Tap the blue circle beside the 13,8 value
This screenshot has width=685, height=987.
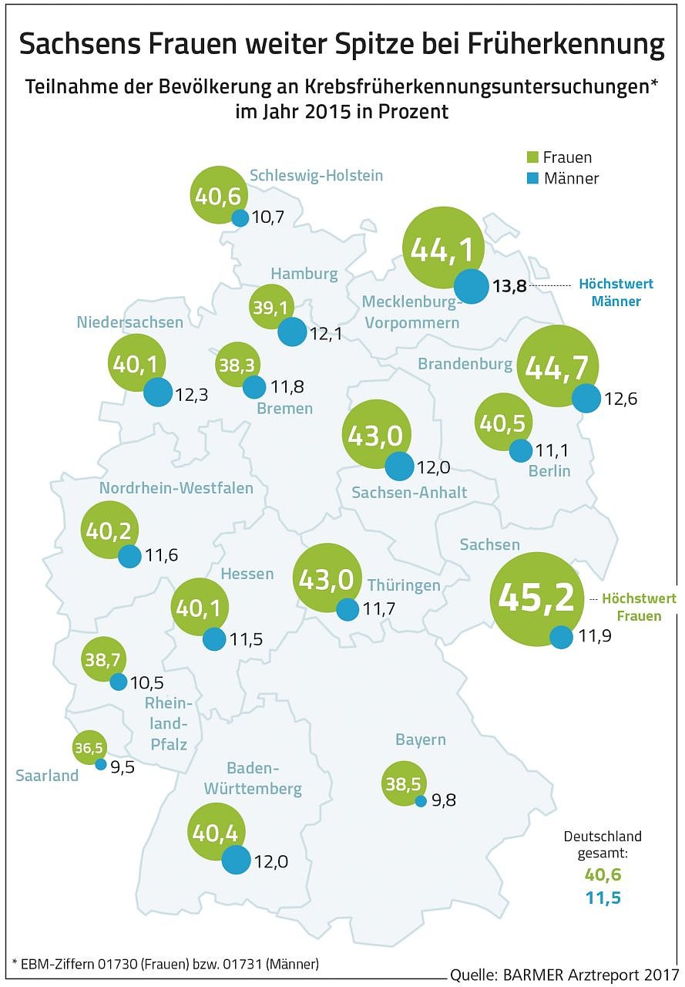tap(470, 286)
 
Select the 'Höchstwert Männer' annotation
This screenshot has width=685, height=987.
tap(616, 293)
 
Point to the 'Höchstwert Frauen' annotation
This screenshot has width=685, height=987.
tap(638, 607)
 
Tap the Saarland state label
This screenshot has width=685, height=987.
tap(47, 776)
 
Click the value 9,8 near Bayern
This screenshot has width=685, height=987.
tap(443, 800)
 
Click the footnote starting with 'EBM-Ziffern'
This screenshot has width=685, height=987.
tap(166, 963)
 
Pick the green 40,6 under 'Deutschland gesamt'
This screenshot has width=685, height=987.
tap(603, 875)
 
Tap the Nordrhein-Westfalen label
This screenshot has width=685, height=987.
tap(176, 488)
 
